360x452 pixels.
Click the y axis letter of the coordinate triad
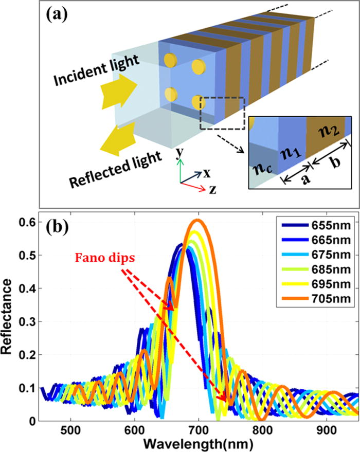pos(179,153)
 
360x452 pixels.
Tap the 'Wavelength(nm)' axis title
pos(199,443)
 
